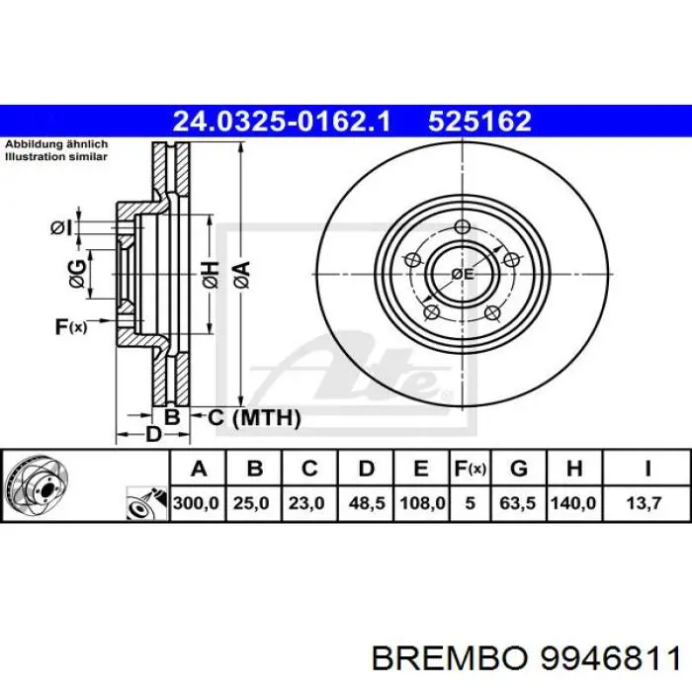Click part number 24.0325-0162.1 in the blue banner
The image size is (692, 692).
point(283,122)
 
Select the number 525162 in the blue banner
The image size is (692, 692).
point(479,122)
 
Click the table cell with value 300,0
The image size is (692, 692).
point(198,503)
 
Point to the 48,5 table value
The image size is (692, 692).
point(365,503)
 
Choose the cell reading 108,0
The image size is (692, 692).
point(421,503)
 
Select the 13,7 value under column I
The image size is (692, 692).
point(647,503)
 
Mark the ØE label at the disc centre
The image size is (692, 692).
point(462,273)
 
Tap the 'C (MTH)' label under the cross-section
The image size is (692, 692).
point(253,418)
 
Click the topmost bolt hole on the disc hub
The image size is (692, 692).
point(462,229)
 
